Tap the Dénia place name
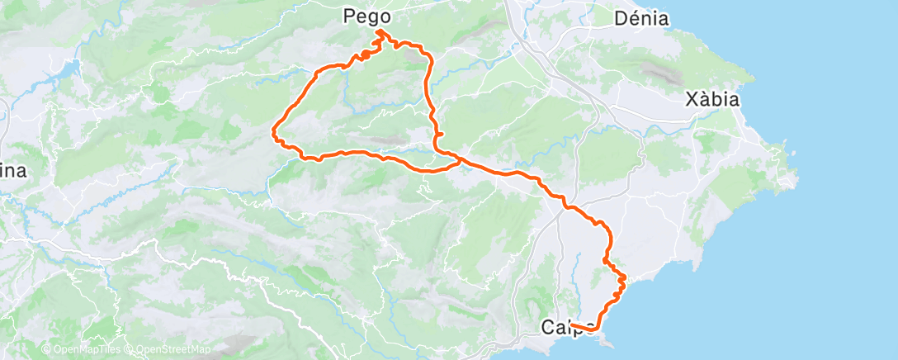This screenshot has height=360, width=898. coord(641,17)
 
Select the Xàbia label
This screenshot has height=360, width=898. coord(712,100)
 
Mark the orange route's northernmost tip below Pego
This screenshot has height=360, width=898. coord(379,31)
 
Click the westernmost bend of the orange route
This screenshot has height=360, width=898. coord(274,129)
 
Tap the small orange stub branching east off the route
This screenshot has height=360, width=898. coord(442,134)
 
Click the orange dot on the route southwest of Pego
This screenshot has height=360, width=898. coord(364,55)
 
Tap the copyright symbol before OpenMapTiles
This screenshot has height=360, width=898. coord(46,350)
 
